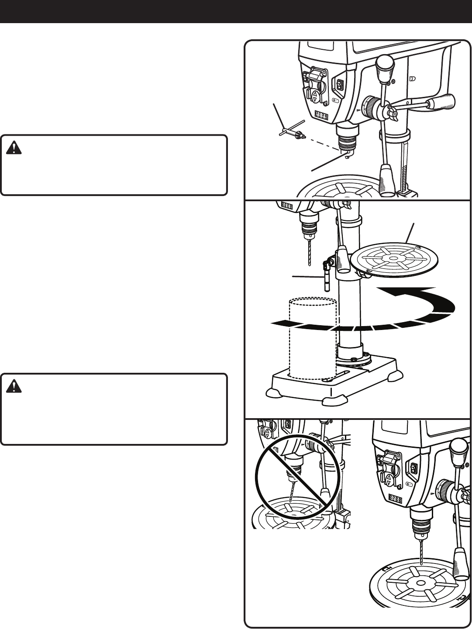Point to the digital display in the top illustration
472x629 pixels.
click(322, 115)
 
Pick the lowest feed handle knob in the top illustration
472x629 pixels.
click(387, 180)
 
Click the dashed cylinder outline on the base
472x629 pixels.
click(313, 336)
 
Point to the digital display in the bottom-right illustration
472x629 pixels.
click(395, 498)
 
